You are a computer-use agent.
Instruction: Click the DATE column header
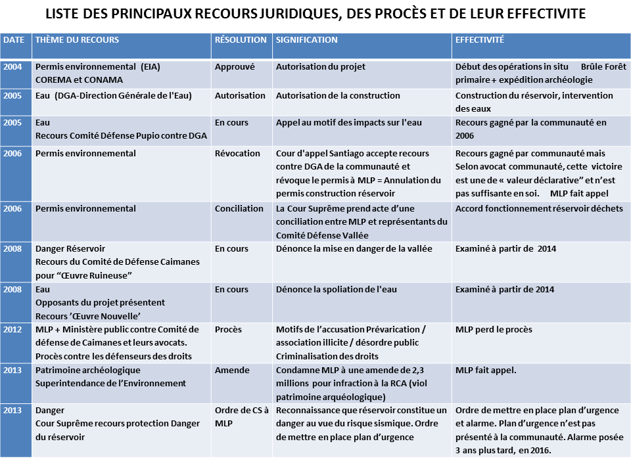pyautogui.click(x=14, y=40)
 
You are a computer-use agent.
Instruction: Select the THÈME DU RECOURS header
pyautogui.click(x=77, y=40)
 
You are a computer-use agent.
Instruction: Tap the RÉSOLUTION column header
pyautogui.click(x=241, y=40)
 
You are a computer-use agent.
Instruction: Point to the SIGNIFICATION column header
pyautogui.click(x=306, y=40)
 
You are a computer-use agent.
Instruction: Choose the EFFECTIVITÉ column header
pyautogui.click(x=480, y=40)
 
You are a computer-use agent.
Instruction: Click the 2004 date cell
pyautogui.click(x=12, y=67)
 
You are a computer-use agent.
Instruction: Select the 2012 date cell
pyautogui.click(x=12, y=330)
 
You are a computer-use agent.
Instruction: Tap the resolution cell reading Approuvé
pyautogui.click(x=235, y=67)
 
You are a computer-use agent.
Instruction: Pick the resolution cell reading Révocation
pyautogui.click(x=237, y=154)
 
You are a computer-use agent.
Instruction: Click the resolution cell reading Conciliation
pyautogui.click(x=239, y=209)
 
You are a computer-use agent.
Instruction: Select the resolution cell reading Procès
pyautogui.click(x=228, y=330)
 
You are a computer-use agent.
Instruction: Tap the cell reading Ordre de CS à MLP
pyautogui.click(x=241, y=417)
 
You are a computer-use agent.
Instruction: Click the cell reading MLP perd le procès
pyautogui.click(x=494, y=330)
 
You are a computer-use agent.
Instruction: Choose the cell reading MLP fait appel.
pyautogui.click(x=486, y=371)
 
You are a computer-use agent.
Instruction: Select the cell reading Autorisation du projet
pyautogui.click(x=320, y=67)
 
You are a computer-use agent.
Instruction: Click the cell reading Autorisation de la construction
pyautogui.click(x=338, y=96)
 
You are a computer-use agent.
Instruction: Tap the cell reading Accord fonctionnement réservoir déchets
pyautogui.click(x=539, y=209)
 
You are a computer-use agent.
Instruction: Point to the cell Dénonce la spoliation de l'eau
pyautogui.click(x=336, y=290)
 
